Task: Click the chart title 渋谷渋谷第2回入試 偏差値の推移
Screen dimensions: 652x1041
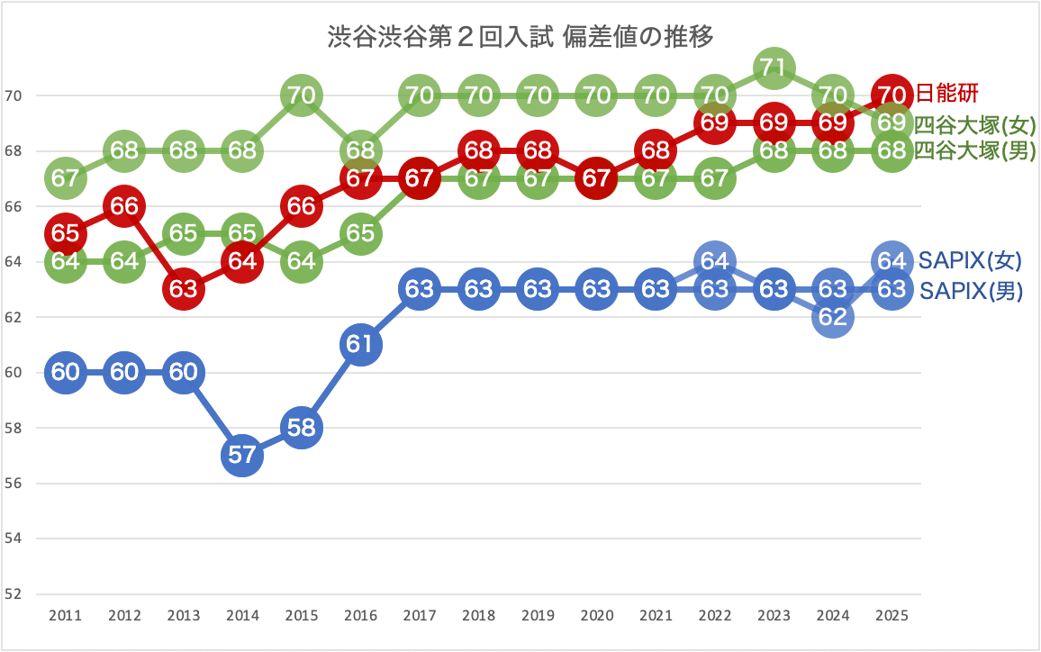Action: (520, 38)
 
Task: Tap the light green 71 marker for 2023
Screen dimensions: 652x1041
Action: (774, 68)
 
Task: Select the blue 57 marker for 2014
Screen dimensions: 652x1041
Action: (242, 455)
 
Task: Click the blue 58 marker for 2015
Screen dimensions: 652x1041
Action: (302, 428)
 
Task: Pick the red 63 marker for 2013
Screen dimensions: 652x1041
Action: (184, 289)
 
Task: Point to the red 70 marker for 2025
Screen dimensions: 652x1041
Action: (892, 95)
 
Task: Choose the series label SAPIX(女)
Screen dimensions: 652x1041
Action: (970, 261)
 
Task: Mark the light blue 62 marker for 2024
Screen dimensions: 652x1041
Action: (832, 317)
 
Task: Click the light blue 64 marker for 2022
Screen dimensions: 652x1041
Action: (714, 261)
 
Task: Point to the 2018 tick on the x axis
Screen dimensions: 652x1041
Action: (478, 616)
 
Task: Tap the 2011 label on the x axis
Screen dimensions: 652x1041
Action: (65, 616)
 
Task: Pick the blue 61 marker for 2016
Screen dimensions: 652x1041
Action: (360, 345)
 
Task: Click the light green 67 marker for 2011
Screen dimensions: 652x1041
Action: (65, 178)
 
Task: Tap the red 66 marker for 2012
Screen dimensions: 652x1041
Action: (124, 206)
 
